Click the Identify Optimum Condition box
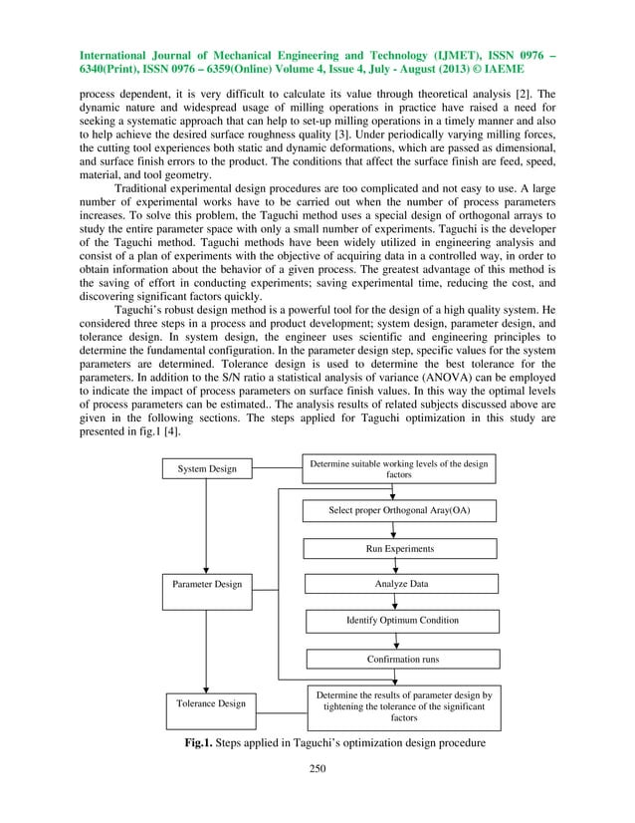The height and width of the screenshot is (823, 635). [x=401, y=620]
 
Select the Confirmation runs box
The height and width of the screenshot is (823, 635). [x=401, y=658]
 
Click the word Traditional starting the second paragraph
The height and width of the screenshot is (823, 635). [x=148, y=189]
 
